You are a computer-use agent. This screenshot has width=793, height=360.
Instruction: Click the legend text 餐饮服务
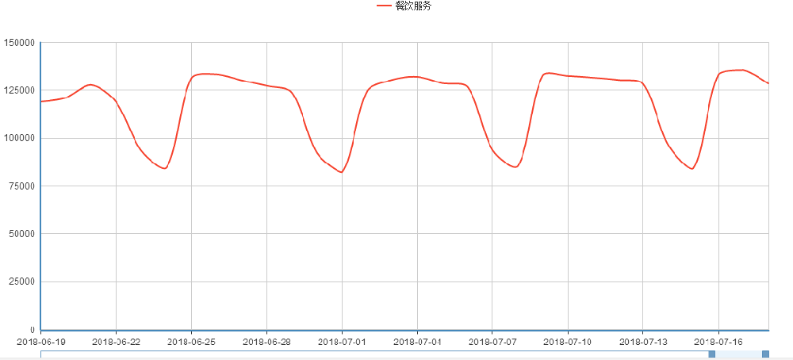coord(413,6)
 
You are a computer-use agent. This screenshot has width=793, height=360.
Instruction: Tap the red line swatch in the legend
coord(385,6)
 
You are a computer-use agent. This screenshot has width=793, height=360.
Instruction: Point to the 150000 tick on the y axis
coord(21,42)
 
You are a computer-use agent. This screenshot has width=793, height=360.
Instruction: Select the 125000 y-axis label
coord(21,90)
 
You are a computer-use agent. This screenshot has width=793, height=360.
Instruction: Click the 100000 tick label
coord(21,138)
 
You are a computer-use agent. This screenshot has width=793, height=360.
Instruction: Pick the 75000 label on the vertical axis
coord(23,186)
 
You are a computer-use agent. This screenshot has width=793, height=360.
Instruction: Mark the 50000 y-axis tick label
coord(23,234)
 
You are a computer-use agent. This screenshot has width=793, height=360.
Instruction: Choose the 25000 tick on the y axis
coord(23,281)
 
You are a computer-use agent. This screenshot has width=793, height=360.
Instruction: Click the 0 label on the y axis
coord(33,330)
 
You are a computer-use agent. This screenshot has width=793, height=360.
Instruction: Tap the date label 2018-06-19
coord(41,342)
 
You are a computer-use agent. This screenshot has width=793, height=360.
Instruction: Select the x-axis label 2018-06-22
coord(116,342)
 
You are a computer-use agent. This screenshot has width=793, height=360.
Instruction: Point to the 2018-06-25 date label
coord(191,342)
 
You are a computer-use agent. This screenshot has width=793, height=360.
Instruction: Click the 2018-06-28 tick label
coord(266,342)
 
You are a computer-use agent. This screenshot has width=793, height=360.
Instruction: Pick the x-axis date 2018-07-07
coord(492,342)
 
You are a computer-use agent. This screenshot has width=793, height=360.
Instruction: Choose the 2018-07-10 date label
coord(568,342)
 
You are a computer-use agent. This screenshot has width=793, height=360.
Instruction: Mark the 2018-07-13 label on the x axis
coord(643,342)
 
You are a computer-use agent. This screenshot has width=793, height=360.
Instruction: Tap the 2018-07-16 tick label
coord(718,342)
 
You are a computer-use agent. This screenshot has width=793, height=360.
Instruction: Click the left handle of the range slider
coord(711,354)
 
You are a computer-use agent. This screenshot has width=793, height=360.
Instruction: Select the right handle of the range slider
coord(765,354)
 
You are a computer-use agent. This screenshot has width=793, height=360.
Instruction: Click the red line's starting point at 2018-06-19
coord(41,101)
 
